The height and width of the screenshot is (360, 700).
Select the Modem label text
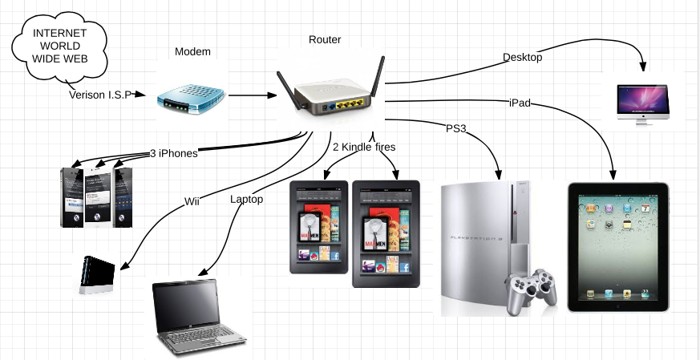click(x=192, y=52)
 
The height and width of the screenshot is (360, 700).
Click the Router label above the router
click(x=326, y=39)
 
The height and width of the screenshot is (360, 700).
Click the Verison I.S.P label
click(x=100, y=94)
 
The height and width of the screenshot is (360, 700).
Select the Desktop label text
click(x=523, y=58)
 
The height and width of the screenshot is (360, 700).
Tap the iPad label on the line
click(x=520, y=103)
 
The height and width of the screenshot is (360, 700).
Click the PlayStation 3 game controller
click(x=530, y=287)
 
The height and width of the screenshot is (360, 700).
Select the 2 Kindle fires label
click(x=364, y=147)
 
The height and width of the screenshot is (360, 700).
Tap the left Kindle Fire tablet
click(x=318, y=228)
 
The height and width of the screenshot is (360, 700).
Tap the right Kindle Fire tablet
click(x=385, y=233)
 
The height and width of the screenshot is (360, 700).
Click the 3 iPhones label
click(x=173, y=154)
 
